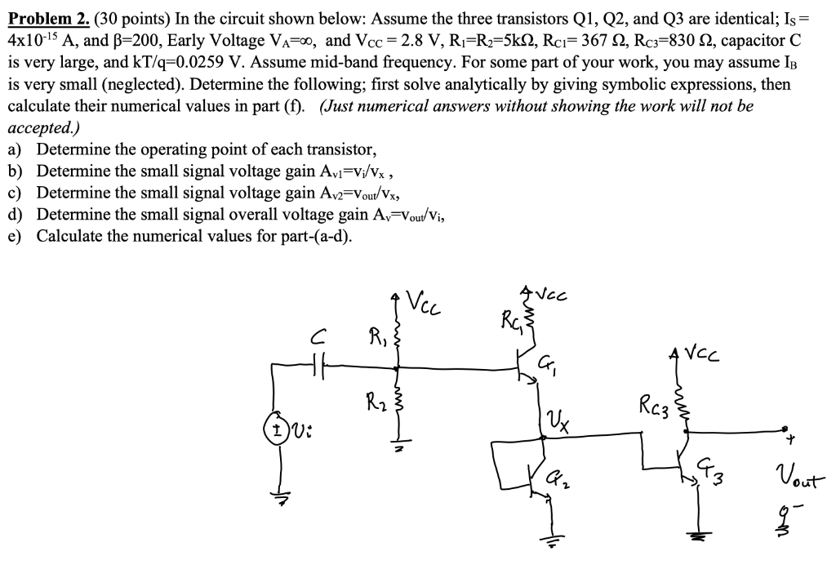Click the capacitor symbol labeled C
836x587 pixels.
pyautogui.click(x=318, y=367)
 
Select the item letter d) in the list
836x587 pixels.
pyautogui.click(x=16, y=215)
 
